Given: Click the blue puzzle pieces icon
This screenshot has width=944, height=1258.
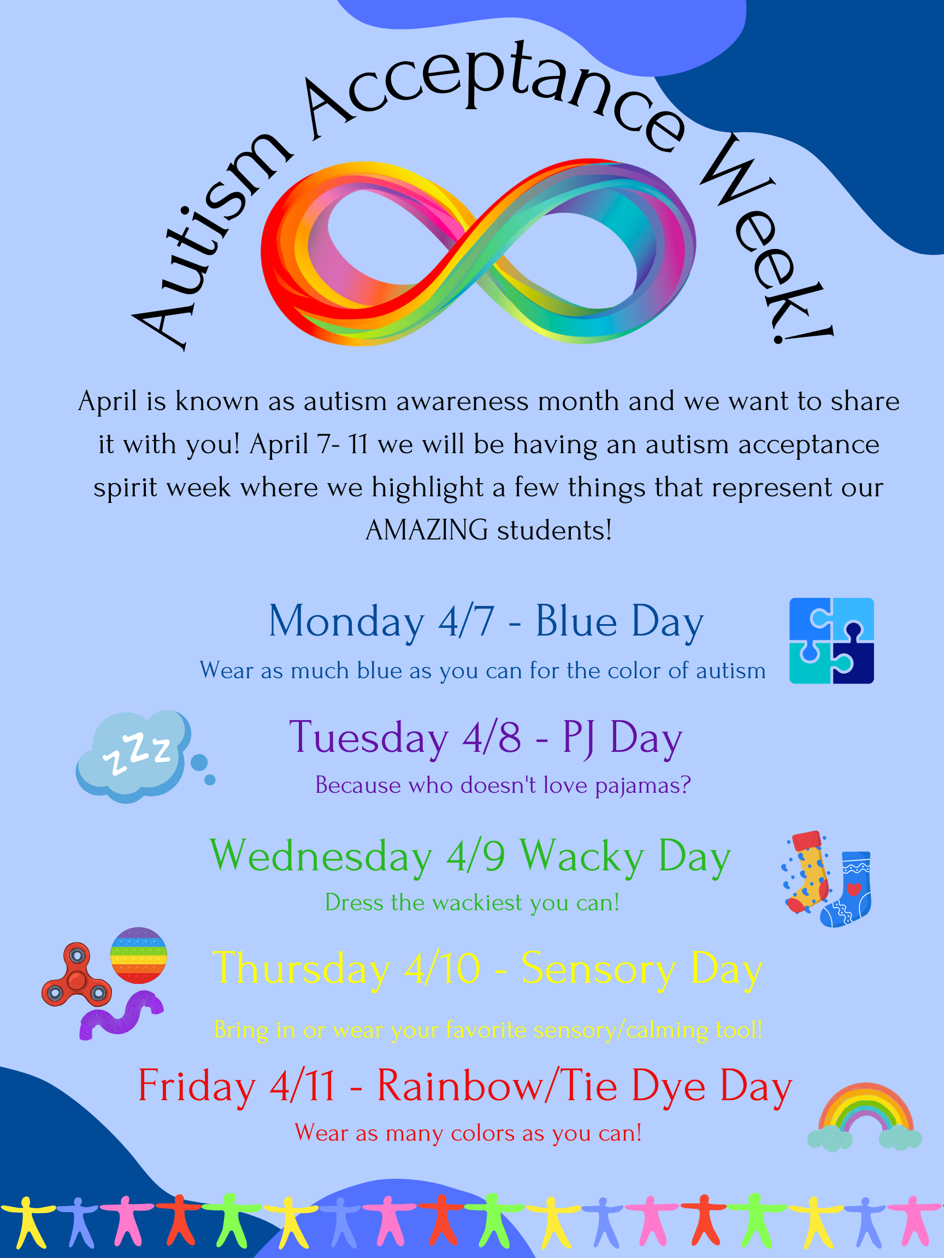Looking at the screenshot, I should tap(831, 640).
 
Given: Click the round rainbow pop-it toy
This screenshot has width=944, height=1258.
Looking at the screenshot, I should tap(138, 955).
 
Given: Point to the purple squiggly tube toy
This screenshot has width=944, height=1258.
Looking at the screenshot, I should tap(121, 1013).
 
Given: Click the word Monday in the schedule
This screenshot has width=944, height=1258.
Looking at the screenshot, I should tap(346, 621).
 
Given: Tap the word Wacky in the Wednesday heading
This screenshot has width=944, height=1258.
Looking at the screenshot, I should tap(582, 856).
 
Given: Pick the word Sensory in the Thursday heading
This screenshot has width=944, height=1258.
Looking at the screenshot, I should tap(599, 969).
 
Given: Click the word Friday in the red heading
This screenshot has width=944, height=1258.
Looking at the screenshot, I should tap(196, 1086).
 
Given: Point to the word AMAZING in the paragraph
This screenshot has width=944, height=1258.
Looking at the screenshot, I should tap(426, 530).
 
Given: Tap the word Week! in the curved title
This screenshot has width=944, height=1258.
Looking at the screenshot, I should tap(763, 239).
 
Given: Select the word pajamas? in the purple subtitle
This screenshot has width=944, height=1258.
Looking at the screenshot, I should tap(643, 786).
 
